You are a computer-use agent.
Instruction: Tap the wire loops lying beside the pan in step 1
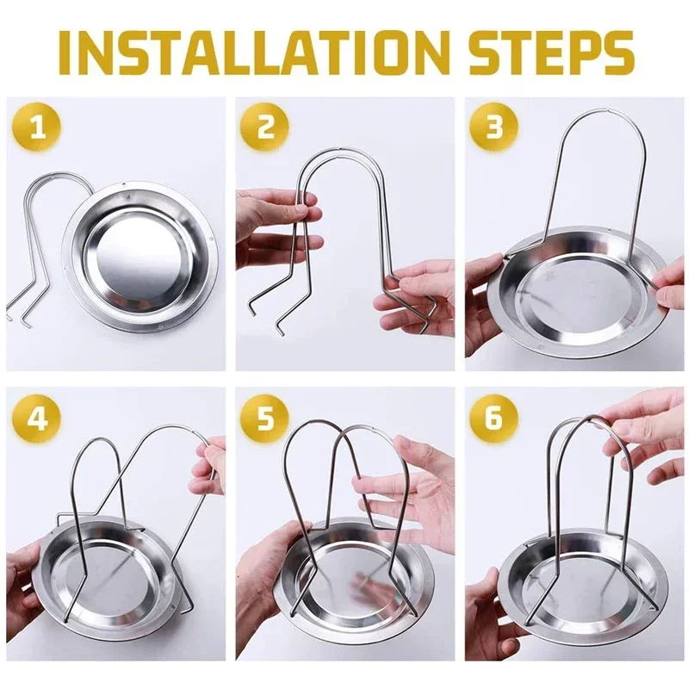click(x=39, y=241)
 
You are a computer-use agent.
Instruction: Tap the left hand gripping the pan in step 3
click(x=482, y=301)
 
